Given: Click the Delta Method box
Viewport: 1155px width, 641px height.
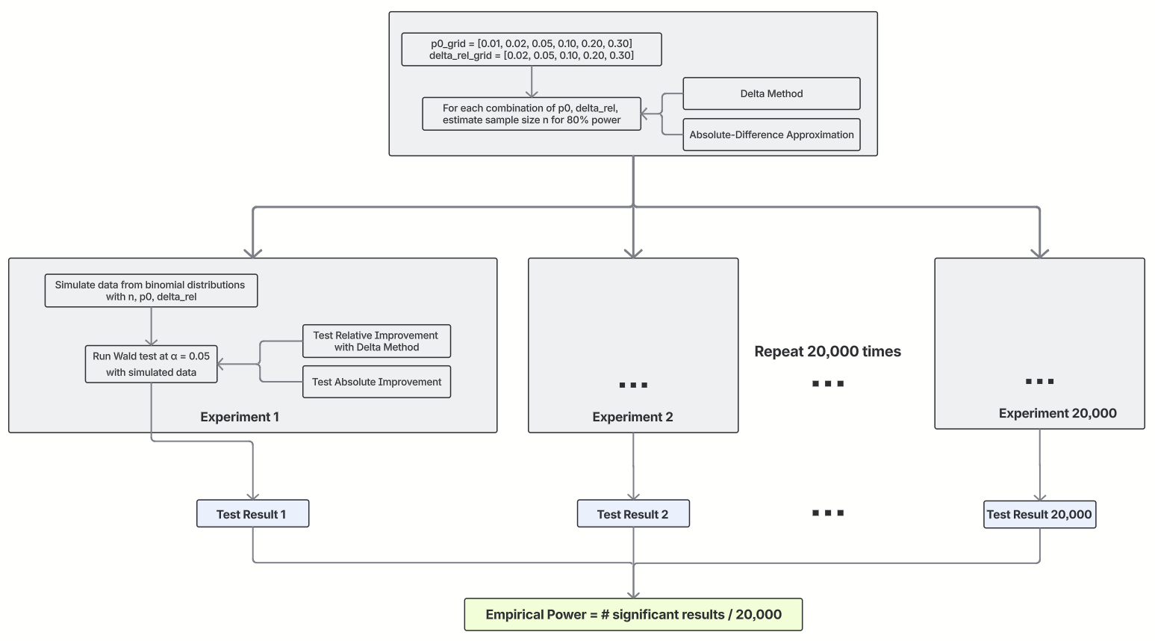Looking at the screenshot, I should tap(771, 93).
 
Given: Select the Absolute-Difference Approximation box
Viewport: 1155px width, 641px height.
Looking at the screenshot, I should tap(771, 134).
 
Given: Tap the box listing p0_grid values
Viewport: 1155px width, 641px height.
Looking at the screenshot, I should tap(531, 49).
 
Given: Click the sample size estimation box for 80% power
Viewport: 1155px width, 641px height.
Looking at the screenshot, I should tap(531, 114).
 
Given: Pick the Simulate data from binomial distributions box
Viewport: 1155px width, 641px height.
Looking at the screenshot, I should tap(151, 291).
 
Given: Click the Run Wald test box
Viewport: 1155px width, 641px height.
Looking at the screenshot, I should tap(151, 364).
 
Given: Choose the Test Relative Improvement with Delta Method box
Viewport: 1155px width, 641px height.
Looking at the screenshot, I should tap(376, 341).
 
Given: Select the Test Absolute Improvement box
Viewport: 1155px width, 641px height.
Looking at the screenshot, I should tap(376, 382).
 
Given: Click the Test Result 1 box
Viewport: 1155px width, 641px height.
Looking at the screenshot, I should tap(252, 514).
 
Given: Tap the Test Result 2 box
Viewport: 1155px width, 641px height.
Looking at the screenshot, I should tap(632, 514).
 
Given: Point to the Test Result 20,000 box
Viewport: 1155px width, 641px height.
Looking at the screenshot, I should tap(1039, 515).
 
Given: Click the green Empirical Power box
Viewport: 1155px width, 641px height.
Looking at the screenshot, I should tap(633, 615).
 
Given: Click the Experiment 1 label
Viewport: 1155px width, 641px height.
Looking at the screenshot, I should tap(240, 417).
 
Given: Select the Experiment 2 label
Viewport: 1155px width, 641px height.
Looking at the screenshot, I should tap(632, 417).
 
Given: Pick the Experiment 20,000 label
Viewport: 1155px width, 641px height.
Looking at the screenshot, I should tap(1057, 413).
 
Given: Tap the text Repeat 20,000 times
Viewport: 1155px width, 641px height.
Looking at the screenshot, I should tap(827, 351).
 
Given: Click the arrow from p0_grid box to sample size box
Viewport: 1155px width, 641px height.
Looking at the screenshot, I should tap(532, 81).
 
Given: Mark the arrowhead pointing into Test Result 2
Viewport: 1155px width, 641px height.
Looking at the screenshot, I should tap(633, 496).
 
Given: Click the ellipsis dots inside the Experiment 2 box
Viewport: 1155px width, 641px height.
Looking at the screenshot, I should tap(633, 385).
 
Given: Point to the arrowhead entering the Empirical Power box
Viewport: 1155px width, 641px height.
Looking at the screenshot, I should tap(633, 594).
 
